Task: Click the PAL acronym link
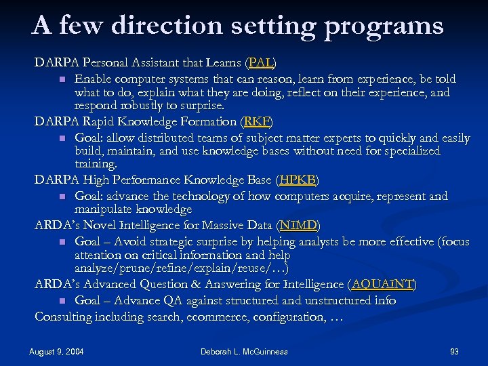coord(261,63)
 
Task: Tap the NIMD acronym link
coord(300,225)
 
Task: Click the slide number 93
coord(454,352)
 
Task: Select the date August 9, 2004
coord(57,352)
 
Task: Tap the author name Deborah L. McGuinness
coord(244,352)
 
